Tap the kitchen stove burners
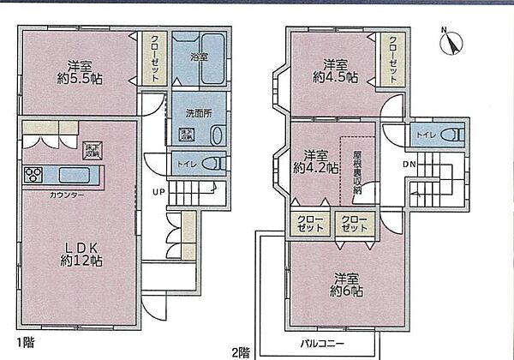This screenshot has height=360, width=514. coord(35,176)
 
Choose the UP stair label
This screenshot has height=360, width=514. coord(158,191)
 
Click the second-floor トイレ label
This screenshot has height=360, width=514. coord(426,135)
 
